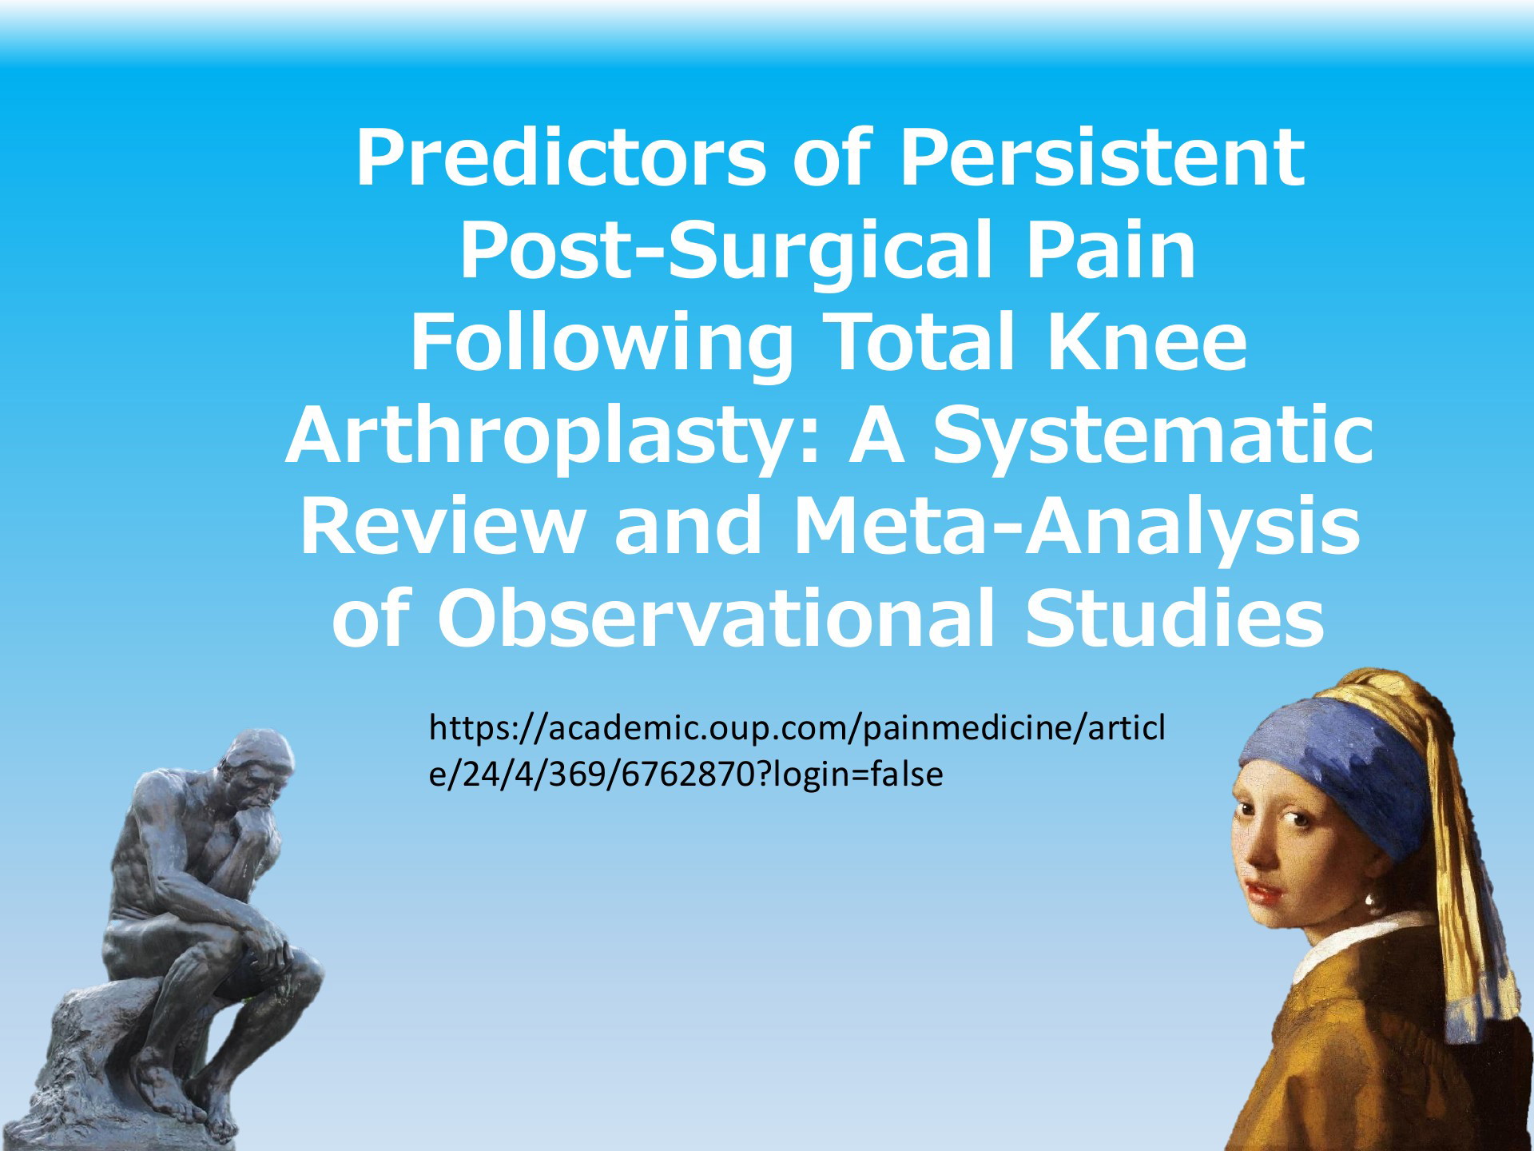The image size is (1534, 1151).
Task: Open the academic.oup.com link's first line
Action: pyautogui.click(x=797, y=729)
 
